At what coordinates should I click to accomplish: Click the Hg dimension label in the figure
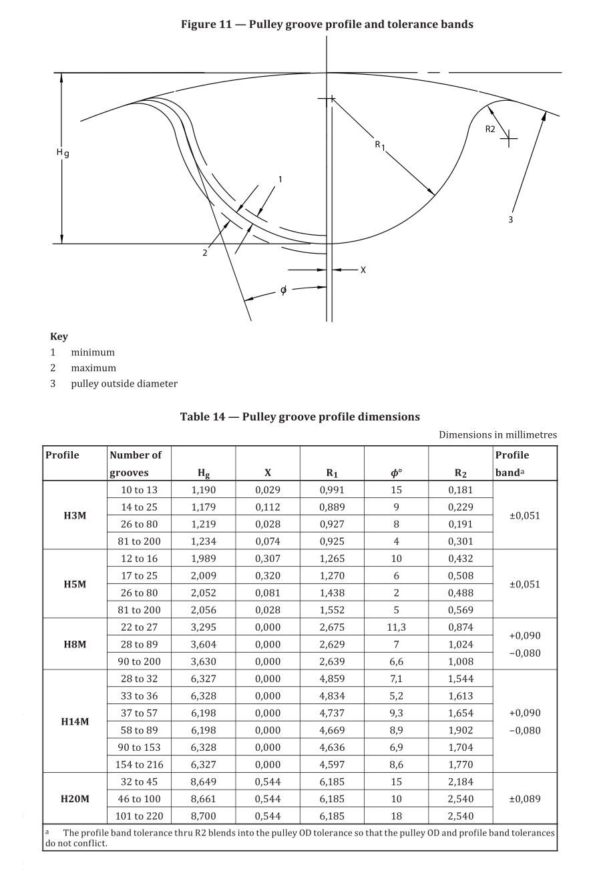point(63,154)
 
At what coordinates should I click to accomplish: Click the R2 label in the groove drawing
point(490,129)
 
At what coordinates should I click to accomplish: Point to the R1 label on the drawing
point(379,145)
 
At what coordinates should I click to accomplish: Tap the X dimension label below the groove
point(363,270)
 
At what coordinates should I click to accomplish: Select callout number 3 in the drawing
point(511,220)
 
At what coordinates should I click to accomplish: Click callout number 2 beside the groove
point(204,253)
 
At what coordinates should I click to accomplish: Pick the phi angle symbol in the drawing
point(284,290)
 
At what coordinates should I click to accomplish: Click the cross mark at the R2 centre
point(509,139)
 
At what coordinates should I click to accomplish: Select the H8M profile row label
point(75,644)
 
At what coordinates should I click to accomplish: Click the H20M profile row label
point(75,799)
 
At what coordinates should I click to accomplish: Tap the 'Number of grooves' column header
point(136,464)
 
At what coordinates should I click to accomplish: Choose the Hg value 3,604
point(204,644)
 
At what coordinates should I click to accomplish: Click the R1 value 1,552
point(332,610)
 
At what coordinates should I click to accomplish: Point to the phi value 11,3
point(396,627)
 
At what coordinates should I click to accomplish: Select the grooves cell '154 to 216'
point(139,765)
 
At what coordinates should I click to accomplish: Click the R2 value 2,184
point(460,782)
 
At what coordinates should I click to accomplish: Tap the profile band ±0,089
point(525,799)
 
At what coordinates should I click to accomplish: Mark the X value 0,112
point(268,507)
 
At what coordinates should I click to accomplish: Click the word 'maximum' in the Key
point(93,368)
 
